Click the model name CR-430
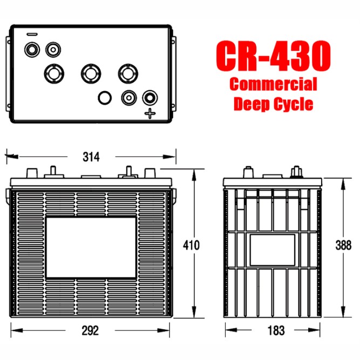click(x=273, y=56)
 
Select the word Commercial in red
click(x=273, y=84)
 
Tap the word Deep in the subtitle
click(x=251, y=104)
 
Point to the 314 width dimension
click(x=91, y=157)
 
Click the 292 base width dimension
click(x=91, y=330)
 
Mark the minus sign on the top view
click(x=32, y=35)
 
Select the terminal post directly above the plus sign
click(x=149, y=98)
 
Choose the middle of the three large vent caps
click(x=90, y=72)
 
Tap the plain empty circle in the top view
click(x=104, y=98)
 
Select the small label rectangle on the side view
click(x=271, y=249)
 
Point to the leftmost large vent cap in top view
click(x=53, y=72)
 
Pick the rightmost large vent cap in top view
click(x=127, y=72)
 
